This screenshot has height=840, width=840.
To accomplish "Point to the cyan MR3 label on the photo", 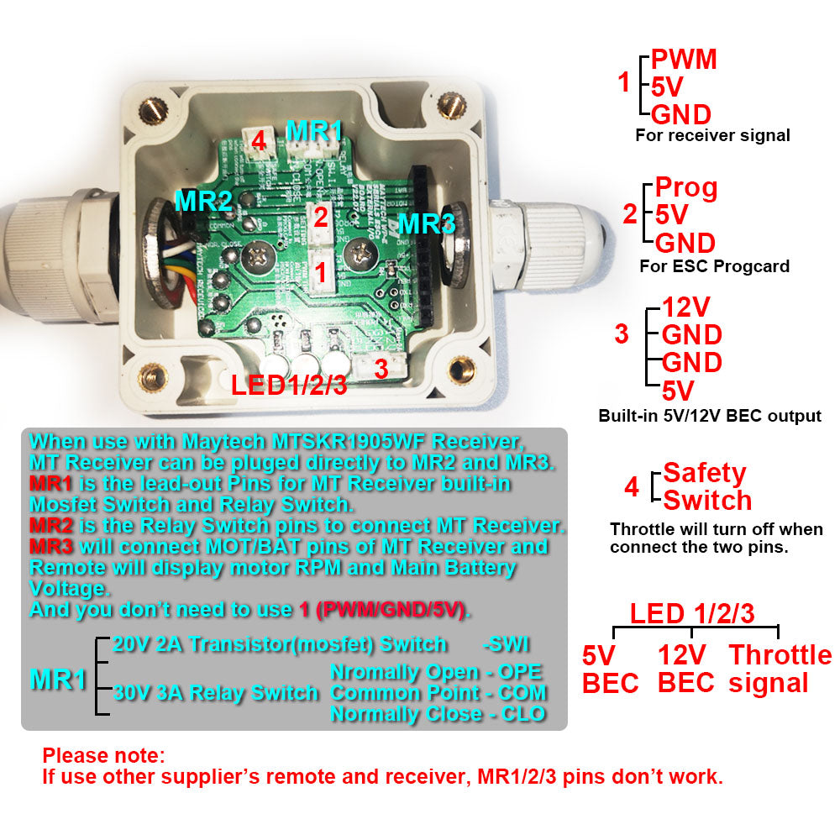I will point(428,224).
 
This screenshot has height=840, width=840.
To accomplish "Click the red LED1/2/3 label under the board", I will point(289,386).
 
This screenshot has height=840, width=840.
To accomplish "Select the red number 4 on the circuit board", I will point(259,142).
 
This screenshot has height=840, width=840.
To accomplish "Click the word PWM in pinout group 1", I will point(685,60).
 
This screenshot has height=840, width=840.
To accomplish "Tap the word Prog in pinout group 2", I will point(686,187).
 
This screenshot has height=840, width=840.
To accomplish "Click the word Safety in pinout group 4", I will point(704,473).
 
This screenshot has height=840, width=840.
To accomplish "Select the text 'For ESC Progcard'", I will point(714,267).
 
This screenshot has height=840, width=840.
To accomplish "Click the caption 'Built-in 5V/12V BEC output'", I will point(710,416).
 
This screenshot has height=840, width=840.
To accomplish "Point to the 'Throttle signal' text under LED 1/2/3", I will point(780,669).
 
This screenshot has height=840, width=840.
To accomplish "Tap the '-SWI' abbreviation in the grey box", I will point(507,644).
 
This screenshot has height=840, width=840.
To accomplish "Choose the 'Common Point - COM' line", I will point(438,693).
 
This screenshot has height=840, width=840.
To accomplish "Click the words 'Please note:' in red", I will point(104,755).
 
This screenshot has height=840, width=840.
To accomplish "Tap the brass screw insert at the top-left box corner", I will point(154,107).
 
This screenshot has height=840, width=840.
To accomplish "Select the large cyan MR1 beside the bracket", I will point(58,680).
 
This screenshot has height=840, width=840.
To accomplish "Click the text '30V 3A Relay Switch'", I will point(216,693).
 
